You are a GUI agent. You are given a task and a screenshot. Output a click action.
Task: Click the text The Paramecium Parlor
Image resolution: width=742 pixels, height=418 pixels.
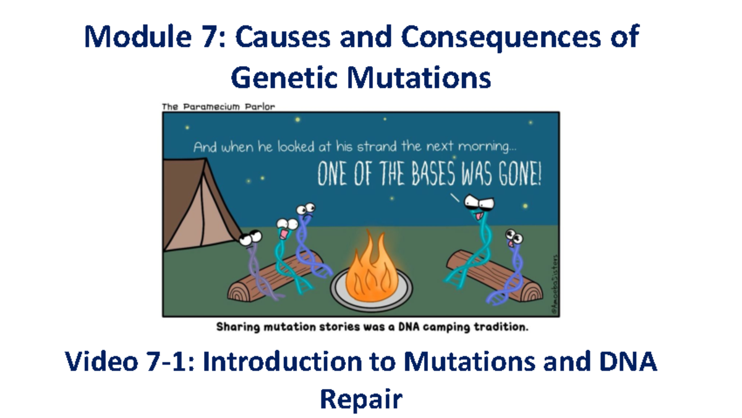[x=218, y=106]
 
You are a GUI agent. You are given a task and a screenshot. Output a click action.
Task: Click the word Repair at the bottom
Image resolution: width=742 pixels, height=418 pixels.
[x=360, y=399]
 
